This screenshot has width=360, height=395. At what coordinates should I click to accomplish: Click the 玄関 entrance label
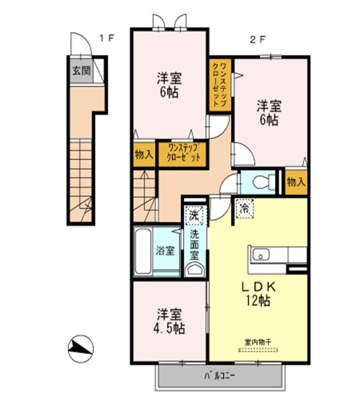81,71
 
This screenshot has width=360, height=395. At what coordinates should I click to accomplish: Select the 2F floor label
257,38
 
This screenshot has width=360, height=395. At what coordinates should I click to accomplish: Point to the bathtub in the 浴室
145,251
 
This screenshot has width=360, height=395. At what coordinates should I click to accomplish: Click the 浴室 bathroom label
165,251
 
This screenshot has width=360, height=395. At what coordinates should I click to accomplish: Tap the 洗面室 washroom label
194,244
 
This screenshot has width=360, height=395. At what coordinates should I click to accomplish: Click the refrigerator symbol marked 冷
245,208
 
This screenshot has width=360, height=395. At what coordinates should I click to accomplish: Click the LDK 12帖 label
251,291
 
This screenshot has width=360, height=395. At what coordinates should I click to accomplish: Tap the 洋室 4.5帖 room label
170,321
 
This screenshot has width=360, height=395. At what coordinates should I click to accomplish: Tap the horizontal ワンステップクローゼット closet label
183,154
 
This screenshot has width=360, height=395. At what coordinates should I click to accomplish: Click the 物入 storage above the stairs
144,154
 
